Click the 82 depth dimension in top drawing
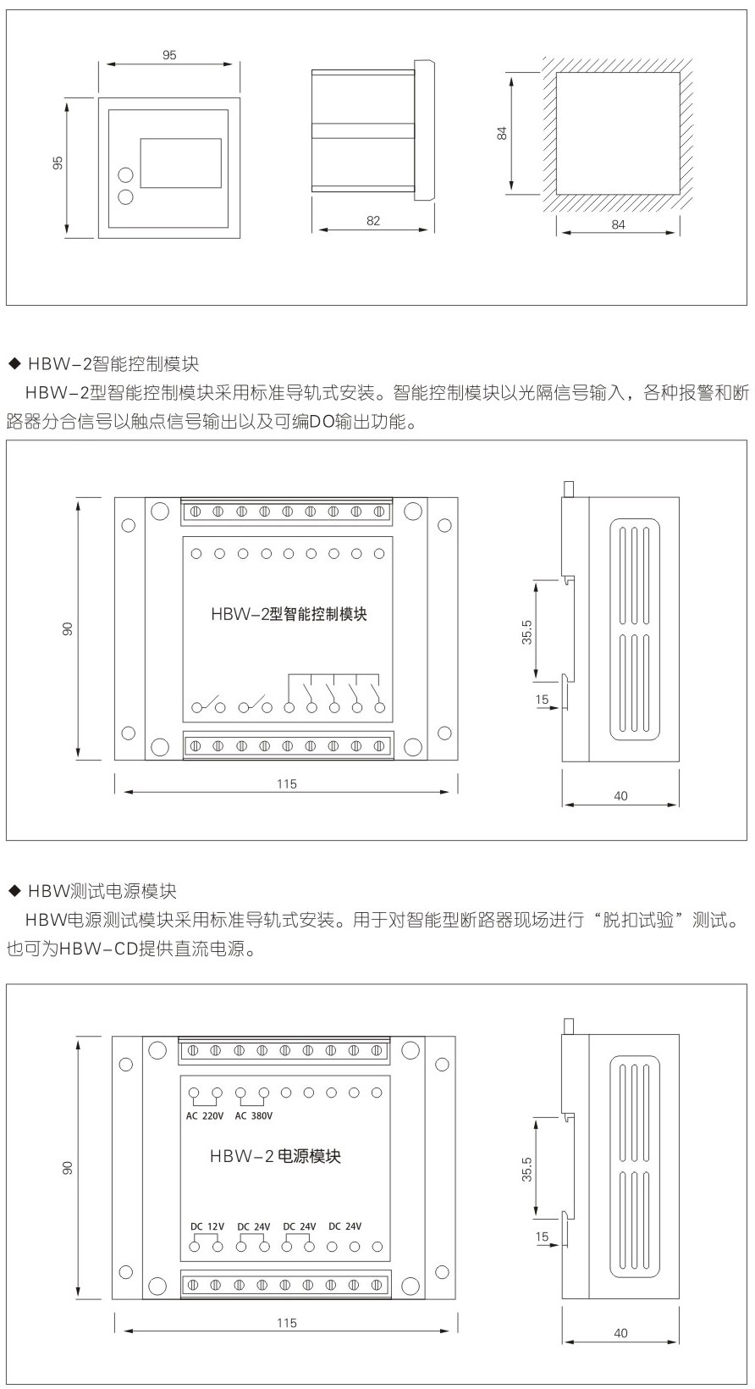point(373,220)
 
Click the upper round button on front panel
point(125,175)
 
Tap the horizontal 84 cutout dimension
point(618,224)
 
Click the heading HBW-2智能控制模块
point(113,364)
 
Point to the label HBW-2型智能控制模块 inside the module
point(289,614)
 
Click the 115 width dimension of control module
point(287,784)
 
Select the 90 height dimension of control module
point(68,628)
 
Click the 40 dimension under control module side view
point(620,796)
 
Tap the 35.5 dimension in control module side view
point(526,632)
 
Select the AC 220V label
point(205,1115)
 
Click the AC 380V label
point(254,1115)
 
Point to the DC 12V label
point(207,1226)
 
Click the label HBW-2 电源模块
point(275,1156)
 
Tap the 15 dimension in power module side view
point(542,1237)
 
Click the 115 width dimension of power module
point(286,1322)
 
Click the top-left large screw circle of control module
point(158,511)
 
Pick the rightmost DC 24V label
point(345,1226)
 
